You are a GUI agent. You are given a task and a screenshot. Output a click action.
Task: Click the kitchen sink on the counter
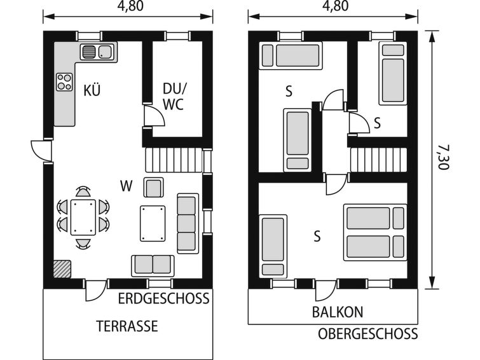pos(97,52)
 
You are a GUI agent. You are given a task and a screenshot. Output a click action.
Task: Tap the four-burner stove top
pos(64,82)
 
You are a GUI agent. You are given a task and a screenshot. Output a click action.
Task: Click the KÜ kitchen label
pos(92,90)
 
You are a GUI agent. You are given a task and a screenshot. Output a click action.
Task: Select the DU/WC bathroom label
pos(174,97)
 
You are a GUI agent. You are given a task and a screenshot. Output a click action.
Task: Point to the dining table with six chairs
pos(83,218)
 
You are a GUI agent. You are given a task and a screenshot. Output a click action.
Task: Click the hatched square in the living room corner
pos(62,269)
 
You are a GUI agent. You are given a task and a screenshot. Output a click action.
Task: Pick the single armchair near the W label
pos(153,187)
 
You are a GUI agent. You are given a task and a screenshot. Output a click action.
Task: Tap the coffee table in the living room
pos(153,223)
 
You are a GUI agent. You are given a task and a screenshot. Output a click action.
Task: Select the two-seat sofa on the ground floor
pos(153,265)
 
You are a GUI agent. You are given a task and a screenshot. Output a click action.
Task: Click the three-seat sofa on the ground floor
pos(188,223)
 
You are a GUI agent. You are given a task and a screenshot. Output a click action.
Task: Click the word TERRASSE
pos(127,326)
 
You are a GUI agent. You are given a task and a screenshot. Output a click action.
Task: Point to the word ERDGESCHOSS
pos(164,298)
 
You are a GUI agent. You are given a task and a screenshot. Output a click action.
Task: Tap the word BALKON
pos(338,312)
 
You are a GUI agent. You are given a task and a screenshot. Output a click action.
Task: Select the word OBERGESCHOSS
pos(367,334)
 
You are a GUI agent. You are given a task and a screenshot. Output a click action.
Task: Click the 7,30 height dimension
pos(443,157)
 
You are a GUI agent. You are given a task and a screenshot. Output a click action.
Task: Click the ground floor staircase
pos(174,160)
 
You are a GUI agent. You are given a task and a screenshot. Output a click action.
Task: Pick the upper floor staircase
pos(379,160)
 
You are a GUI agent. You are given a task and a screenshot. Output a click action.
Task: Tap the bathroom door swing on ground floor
pos(154,116)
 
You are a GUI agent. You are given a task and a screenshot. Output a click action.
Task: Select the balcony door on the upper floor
pos(326,290)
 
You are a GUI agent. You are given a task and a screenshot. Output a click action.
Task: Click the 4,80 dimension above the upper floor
pos(336,6)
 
